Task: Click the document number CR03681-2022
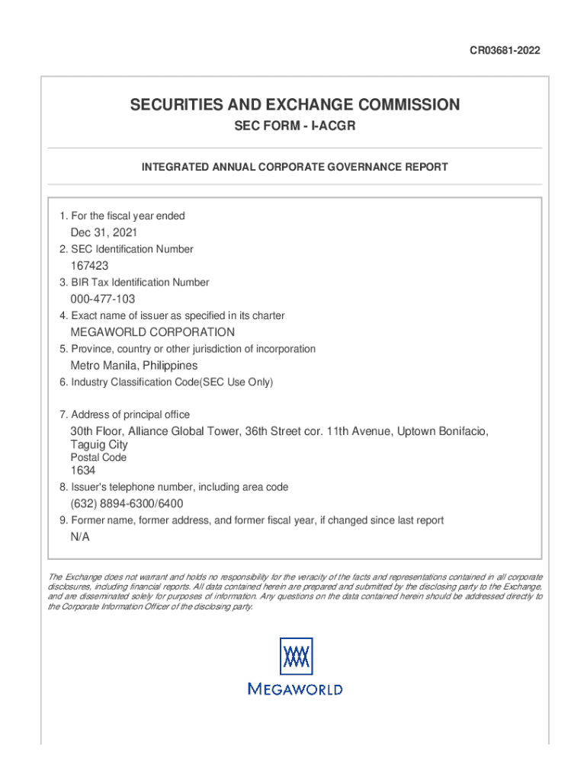(x=505, y=51)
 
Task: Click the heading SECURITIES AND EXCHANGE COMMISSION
(x=295, y=104)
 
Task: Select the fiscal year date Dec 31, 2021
(x=104, y=232)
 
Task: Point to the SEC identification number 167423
(x=89, y=266)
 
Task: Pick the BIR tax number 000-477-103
(x=103, y=299)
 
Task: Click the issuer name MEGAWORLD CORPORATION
(x=152, y=332)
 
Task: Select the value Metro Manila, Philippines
(x=133, y=366)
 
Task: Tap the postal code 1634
(x=83, y=471)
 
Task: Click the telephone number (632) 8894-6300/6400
(x=127, y=504)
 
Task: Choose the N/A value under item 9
(x=80, y=537)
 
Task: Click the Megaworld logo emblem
(x=295, y=656)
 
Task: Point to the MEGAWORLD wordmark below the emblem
(x=295, y=689)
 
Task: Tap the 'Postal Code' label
(x=98, y=458)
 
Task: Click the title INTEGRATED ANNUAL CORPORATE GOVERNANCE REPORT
(x=295, y=167)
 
